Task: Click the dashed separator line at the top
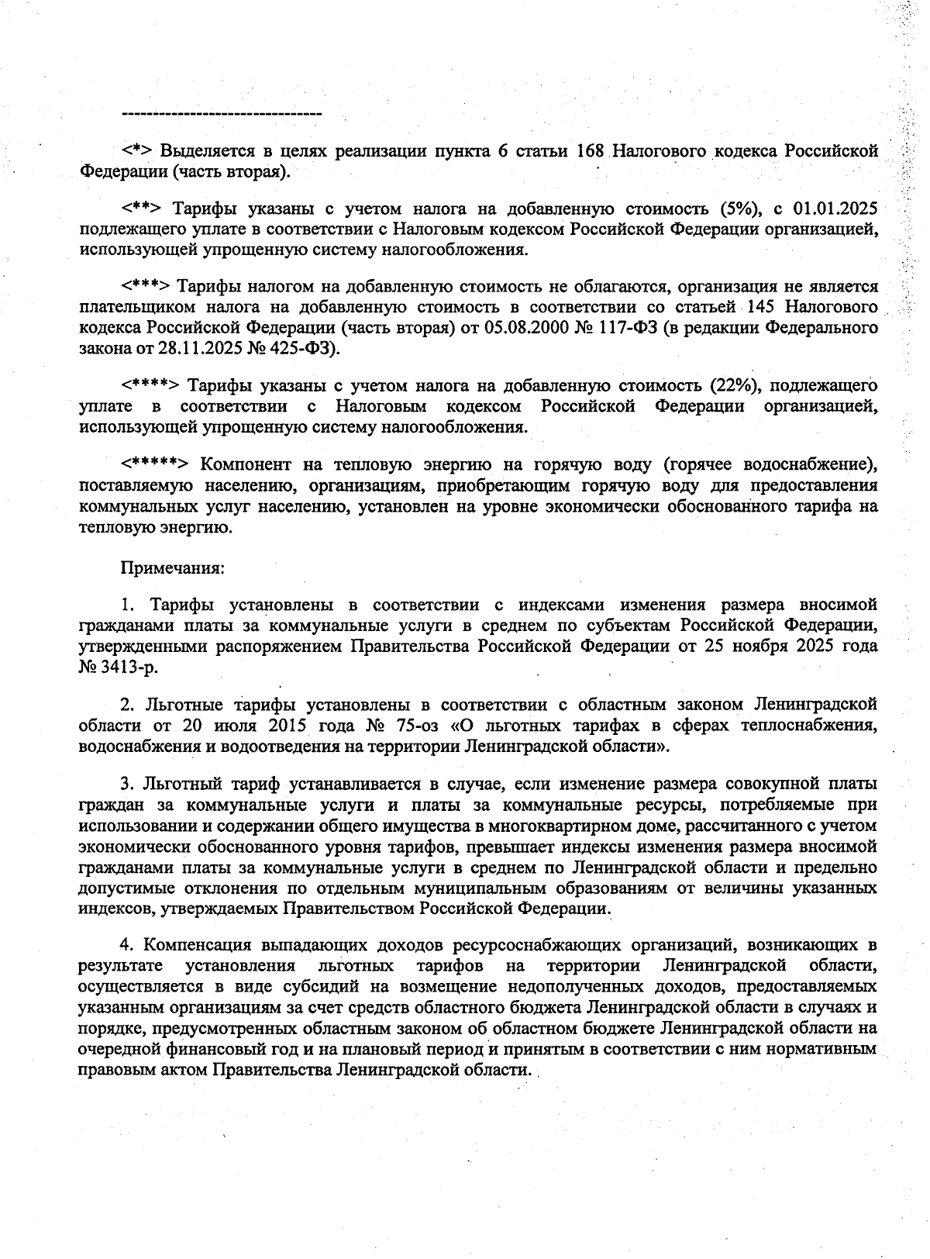pos(222,115)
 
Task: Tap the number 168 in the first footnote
pos(591,150)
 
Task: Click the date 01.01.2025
pos(835,209)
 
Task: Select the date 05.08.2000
pos(526,327)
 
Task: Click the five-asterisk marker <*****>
pos(154,464)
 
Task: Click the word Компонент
pos(246,464)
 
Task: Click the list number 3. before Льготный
pos(127,785)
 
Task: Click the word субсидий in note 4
pos(351,987)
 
